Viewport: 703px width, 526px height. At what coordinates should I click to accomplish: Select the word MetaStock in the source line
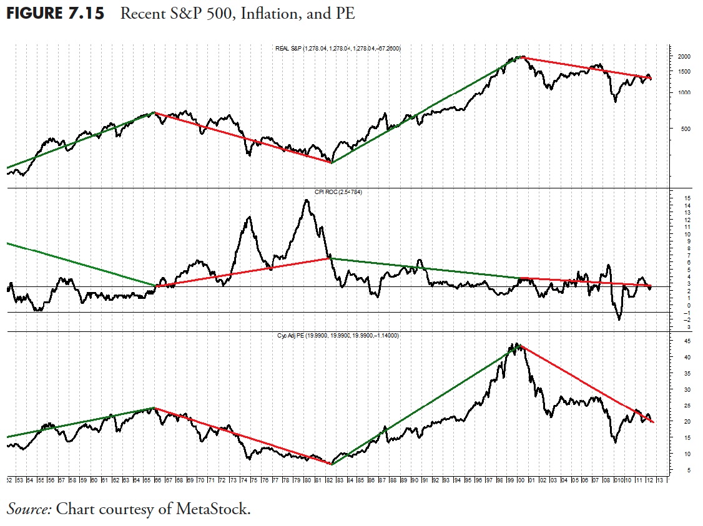pos(212,509)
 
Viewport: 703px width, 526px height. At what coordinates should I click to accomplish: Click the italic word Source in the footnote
pos(29,509)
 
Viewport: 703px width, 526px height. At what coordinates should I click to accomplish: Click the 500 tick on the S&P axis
pos(682,129)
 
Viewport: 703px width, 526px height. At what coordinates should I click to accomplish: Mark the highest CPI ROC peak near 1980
pos(307,200)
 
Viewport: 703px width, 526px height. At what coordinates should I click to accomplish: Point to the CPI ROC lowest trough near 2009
pos(619,319)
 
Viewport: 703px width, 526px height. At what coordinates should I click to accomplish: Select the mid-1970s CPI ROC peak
pos(249,217)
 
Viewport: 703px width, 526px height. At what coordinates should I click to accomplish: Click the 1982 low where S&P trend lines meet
pos(332,163)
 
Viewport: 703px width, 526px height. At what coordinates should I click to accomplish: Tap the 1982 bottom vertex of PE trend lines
pos(332,464)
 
